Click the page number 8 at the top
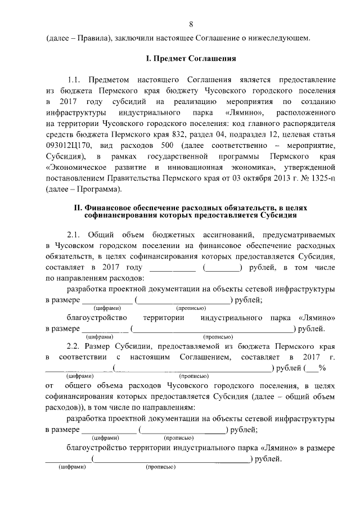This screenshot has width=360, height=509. coord(191,24)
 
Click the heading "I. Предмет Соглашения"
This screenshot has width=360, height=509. coord(191,58)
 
